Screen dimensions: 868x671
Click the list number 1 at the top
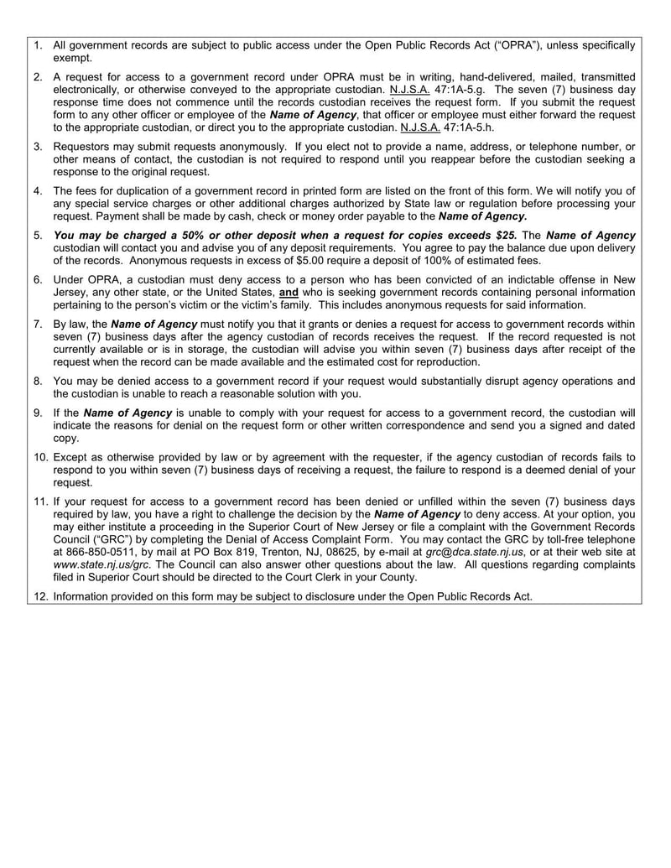[39, 45]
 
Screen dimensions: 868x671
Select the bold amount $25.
[502, 236]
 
